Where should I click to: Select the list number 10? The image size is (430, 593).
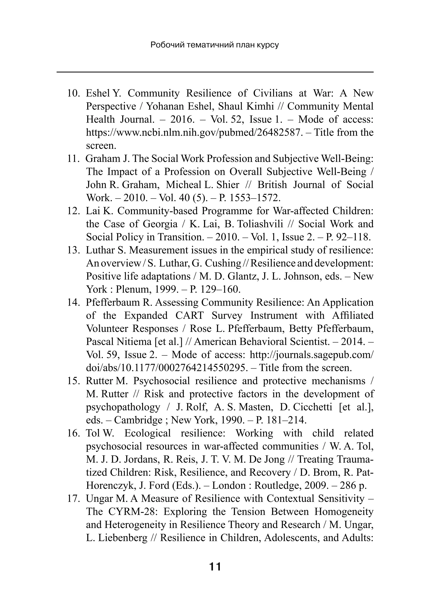pos(73,93)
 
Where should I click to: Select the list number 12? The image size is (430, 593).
pos(73,211)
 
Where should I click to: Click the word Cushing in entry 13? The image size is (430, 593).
pos(223,263)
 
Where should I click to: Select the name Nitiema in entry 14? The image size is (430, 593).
pos(134,342)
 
